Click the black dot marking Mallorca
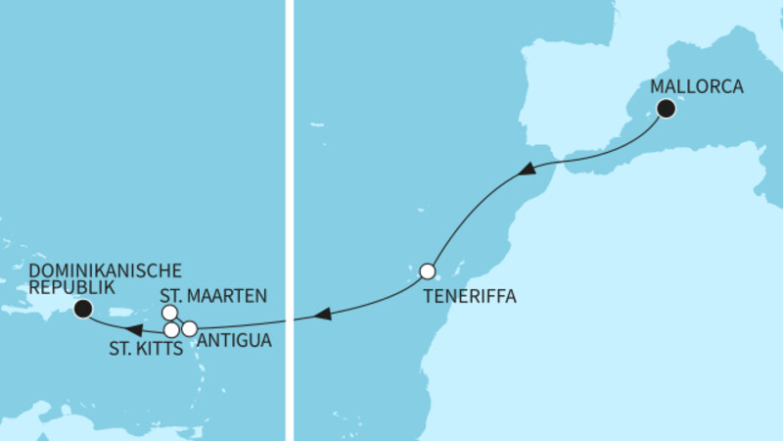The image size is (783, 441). coord(667,109)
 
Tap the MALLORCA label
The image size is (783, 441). coord(697,86)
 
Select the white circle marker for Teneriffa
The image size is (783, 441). coord(427,270)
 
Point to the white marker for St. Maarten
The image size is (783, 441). coord(169,313)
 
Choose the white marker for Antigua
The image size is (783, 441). coord(190,328)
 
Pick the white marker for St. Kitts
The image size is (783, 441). coord(172,329)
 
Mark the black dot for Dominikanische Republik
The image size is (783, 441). coord(83,309)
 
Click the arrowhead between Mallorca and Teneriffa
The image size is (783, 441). coord(526,169)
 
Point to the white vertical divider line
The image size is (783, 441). coord(289,220)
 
